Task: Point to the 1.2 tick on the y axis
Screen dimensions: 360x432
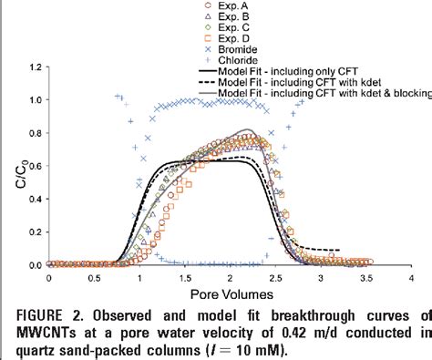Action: coord(34,67)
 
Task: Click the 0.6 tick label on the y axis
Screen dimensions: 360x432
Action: coord(34,166)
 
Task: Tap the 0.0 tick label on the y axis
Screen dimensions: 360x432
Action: coord(34,265)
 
